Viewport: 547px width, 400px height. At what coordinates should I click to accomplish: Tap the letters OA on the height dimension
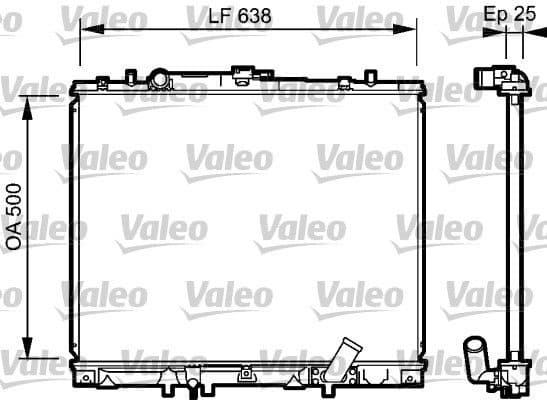[x=15, y=237]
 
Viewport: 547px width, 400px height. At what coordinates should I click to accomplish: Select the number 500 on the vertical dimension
[x=15, y=204]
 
